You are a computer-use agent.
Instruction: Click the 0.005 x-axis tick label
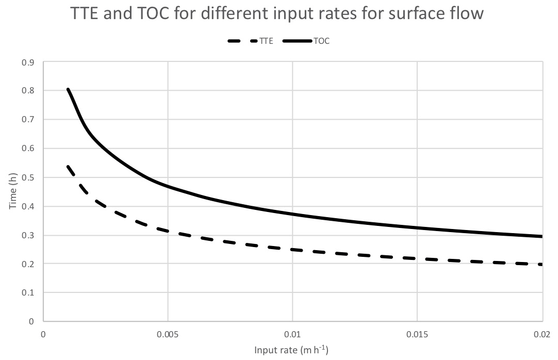pos(168,334)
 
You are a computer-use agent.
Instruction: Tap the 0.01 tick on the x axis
pos(292,334)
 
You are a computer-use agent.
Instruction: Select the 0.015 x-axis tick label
pos(417,334)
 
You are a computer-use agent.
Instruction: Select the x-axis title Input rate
pos(291,351)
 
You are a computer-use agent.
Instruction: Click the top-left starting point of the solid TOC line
pos(68,89)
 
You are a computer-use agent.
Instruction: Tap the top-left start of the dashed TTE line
pos(68,166)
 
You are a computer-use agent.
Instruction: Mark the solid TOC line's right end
pos(542,236)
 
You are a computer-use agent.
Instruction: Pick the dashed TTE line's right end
pos(541,265)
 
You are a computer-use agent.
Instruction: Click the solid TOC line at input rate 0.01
pos(292,214)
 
